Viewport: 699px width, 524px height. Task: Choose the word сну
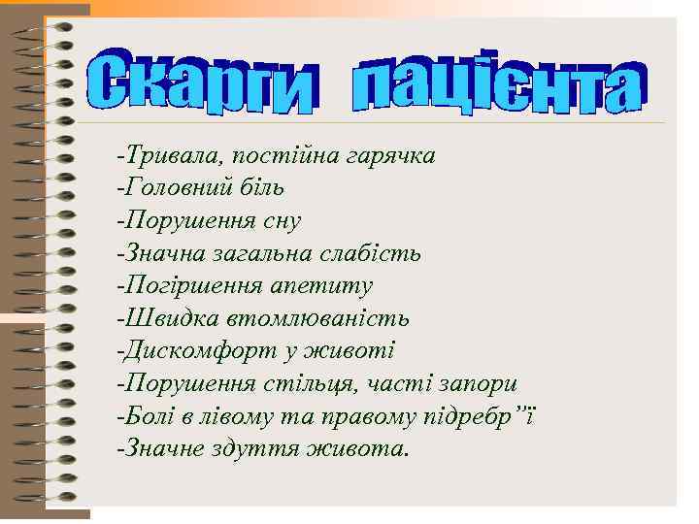pyautogui.click(x=280, y=220)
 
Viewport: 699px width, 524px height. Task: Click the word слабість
pyautogui.click(x=378, y=253)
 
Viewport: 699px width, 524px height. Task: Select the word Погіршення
pyautogui.click(x=183, y=286)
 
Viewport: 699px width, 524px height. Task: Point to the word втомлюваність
pyautogui.click(x=317, y=318)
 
